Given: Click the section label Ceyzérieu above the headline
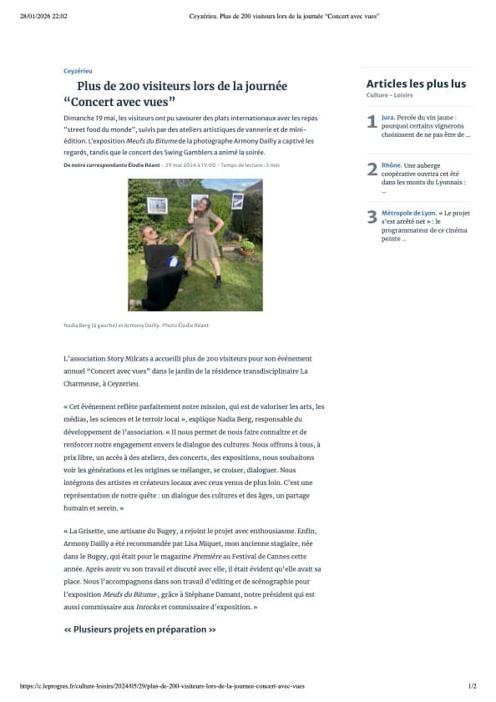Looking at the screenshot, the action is (x=78, y=71).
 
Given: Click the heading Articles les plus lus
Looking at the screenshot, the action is (x=416, y=83).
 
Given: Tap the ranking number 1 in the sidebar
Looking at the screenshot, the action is (x=372, y=123).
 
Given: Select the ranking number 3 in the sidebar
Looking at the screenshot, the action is (x=372, y=218).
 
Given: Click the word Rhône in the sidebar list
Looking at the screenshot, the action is (x=391, y=165).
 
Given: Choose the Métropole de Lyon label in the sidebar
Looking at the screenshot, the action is (x=407, y=213).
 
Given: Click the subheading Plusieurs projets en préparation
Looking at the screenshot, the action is (x=139, y=629).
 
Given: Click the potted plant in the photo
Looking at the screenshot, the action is (x=247, y=248).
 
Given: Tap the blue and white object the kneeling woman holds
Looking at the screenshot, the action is (x=173, y=261).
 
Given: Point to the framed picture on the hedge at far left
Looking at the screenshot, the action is (x=156, y=205).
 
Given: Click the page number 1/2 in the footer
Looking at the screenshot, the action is (x=472, y=686).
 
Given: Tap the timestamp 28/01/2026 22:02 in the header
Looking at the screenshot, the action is (x=43, y=16).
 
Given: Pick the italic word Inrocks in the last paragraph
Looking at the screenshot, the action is (x=148, y=607).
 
